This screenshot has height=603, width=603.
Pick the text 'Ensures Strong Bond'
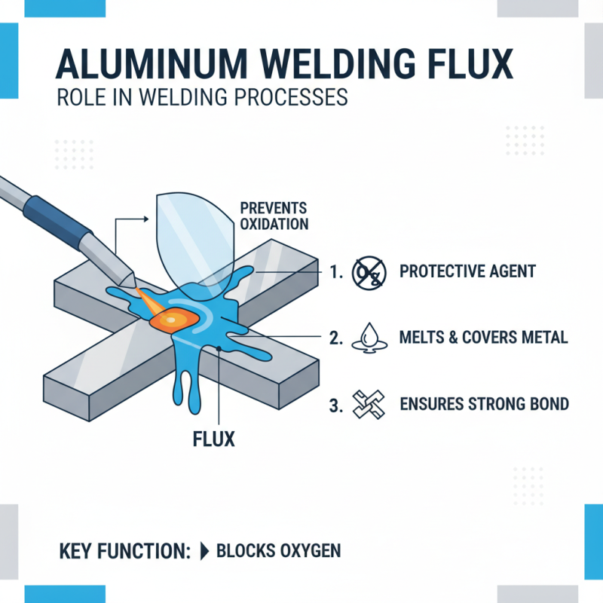click(482, 404)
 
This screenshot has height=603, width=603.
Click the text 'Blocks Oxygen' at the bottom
click(278, 551)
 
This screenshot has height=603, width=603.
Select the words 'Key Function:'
click(124, 551)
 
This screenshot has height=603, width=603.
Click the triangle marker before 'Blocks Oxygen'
click(204, 551)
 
